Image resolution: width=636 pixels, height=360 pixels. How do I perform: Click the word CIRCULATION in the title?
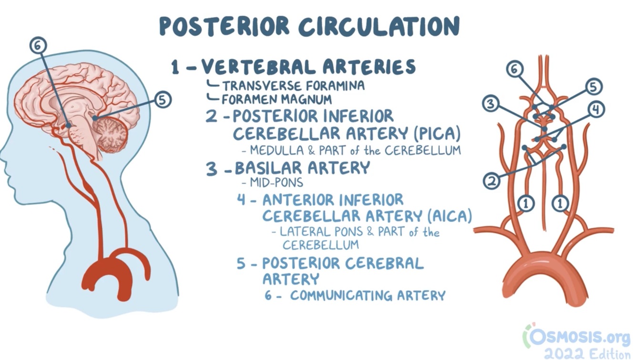click(x=379, y=26)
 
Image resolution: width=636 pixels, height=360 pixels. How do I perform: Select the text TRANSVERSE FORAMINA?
click(x=293, y=86)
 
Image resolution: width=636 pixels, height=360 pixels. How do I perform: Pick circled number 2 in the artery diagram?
click(x=492, y=181)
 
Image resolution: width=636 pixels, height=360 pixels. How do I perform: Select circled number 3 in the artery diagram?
click(x=491, y=103)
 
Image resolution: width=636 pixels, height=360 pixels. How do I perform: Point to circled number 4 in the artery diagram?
click(x=595, y=110)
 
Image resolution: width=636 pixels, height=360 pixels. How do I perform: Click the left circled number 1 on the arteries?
click(x=525, y=204)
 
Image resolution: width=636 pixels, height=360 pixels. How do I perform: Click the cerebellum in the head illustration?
click(x=111, y=131)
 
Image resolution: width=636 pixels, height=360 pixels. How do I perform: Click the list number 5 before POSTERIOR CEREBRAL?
click(x=242, y=264)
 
